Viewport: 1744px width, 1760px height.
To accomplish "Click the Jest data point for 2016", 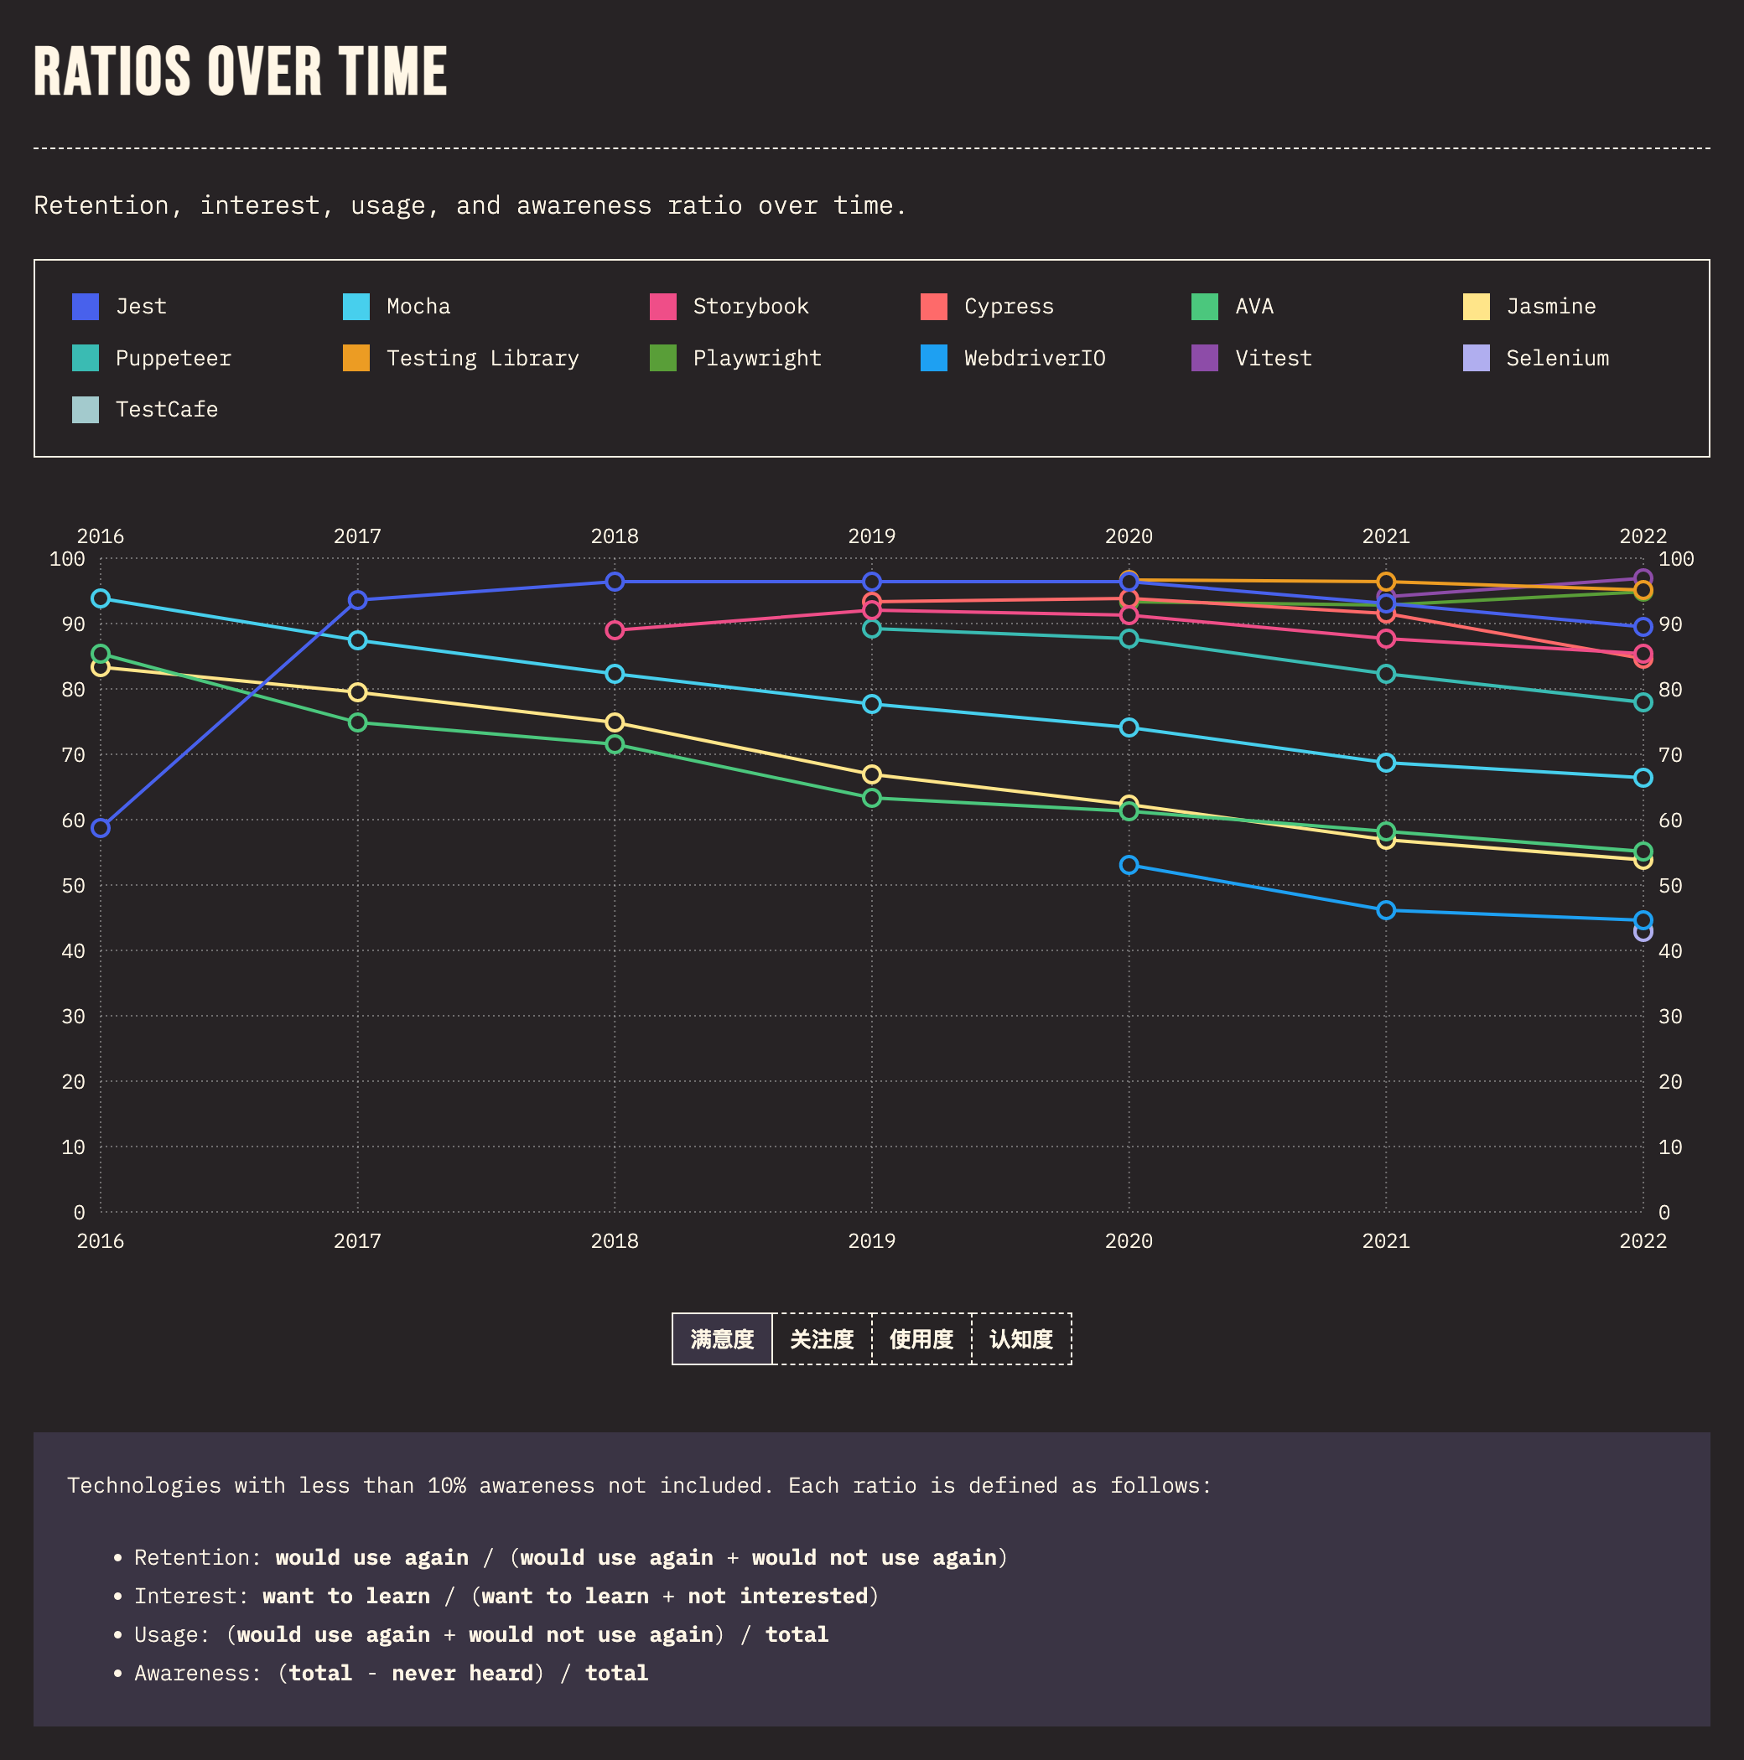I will [x=101, y=828].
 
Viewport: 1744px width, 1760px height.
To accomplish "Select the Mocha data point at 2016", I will [x=101, y=598].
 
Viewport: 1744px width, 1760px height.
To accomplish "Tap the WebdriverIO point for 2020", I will [x=1129, y=865].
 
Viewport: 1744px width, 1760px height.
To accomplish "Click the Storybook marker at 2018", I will [x=615, y=630].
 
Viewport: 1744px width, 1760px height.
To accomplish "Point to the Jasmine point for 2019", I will [x=872, y=774].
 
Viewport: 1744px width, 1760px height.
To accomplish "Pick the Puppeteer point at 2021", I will [x=1386, y=674].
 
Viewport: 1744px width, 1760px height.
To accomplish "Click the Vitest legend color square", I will [x=1205, y=358].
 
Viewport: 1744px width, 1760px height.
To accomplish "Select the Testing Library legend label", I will [x=482, y=358].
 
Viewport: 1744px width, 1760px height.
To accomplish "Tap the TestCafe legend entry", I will [x=166, y=410].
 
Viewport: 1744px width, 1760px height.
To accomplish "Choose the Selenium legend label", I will [x=1557, y=358].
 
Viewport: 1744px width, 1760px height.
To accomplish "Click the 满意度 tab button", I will [x=722, y=1339].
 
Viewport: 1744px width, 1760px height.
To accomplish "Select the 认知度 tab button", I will [x=1021, y=1339].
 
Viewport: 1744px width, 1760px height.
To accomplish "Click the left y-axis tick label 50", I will [x=73, y=886].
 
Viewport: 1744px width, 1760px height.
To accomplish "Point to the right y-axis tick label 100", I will [x=1675, y=559].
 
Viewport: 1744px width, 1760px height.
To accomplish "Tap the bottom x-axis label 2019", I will [x=872, y=1240].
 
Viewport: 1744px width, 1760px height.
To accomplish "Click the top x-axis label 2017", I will [x=357, y=536].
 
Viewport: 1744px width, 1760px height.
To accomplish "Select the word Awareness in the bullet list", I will [x=192, y=1674].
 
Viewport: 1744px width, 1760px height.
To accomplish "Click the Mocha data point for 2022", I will [x=1643, y=778].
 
